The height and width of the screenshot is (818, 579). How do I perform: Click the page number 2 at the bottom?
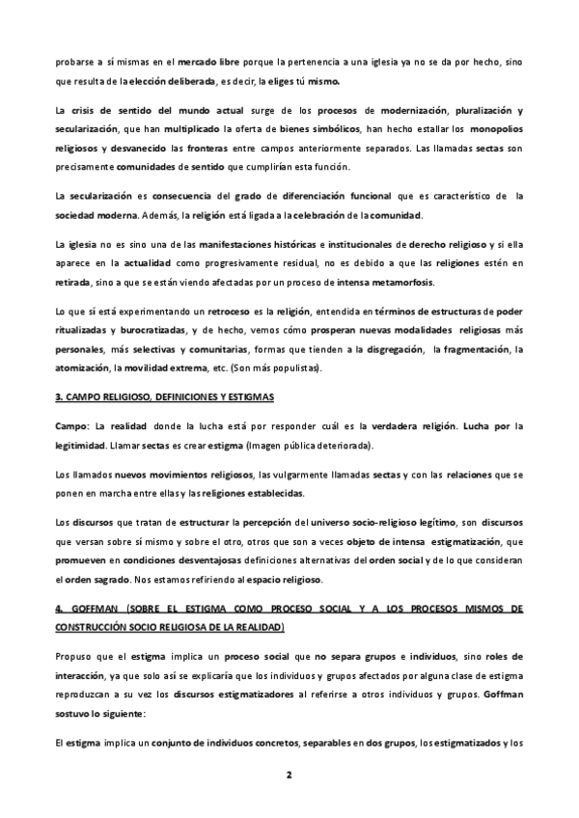coord(289,775)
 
